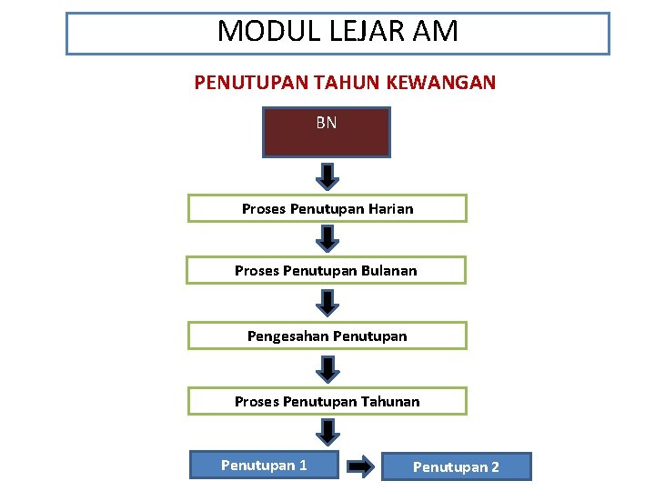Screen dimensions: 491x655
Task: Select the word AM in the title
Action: (434, 33)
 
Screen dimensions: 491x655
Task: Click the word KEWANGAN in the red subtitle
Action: (441, 83)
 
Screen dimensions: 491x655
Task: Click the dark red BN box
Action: (326, 133)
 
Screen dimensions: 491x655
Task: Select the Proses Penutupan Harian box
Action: (327, 209)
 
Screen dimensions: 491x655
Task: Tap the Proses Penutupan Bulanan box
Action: (326, 270)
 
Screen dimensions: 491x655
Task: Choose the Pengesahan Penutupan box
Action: (327, 336)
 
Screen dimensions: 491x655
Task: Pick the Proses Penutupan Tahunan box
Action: (327, 402)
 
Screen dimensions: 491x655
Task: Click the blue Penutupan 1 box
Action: (264, 466)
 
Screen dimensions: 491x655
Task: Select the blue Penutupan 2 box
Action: (456, 467)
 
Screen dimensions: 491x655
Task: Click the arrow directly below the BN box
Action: (328, 175)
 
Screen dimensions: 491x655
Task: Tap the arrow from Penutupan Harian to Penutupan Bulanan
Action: (328, 238)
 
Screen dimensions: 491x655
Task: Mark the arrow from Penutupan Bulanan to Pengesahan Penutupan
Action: (328, 301)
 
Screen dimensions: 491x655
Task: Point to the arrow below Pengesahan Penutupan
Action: (328, 367)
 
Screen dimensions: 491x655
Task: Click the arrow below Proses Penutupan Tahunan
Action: (328, 431)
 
